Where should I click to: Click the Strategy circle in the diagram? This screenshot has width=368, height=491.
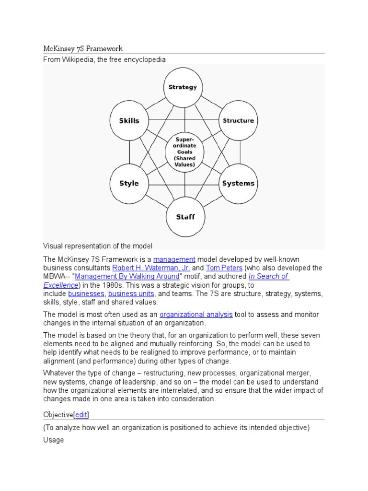pyautogui.click(x=183, y=87)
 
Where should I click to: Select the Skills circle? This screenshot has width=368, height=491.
pyautogui.click(x=129, y=120)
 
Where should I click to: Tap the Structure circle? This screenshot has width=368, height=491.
pyautogui.click(x=238, y=120)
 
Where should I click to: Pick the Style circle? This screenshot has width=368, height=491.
pyautogui.click(x=129, y=183)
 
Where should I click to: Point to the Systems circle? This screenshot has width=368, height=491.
pyautogui.click(x=238, y=183)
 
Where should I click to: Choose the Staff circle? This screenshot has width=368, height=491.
pyautogui.click(x=185, y=217)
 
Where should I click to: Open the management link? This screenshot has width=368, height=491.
pyautogui.click(x=174, y=259)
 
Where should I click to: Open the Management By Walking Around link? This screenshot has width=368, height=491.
pyautogui.click(x=127, y=276)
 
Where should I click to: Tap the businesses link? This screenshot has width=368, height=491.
pyautogui.click(x=86, y=293)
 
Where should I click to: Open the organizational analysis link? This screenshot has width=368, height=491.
pyautogui.click(x=196, y=315)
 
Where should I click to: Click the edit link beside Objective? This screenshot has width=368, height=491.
pyautogui.click(x=81, y=414)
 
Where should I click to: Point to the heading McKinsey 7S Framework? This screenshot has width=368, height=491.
pyautogui.click(x=83, y=48)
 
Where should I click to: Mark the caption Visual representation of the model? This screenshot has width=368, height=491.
pyautogui.click(x=98, y=246)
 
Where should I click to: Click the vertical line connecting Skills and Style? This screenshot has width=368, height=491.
pyautogui.click(x=129, y=152)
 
